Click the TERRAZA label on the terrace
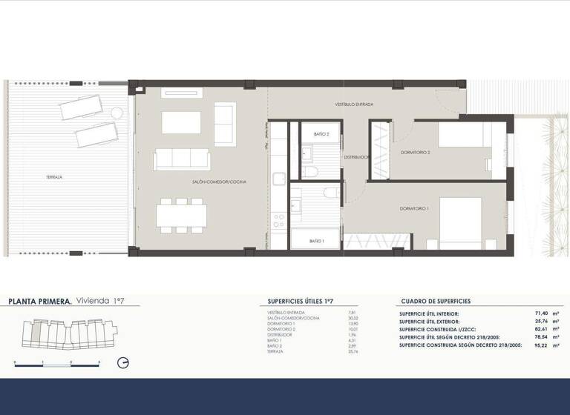53,177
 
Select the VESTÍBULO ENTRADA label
353,105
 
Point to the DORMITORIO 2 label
416,152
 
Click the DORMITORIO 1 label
414,209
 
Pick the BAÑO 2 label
321,134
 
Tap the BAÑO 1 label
316,241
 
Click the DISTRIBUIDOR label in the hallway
356,157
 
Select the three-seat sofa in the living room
182,159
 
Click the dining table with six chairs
182,215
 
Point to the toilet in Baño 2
311,172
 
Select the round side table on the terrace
117,113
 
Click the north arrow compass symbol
124,362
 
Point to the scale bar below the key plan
56,362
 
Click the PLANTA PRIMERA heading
40,302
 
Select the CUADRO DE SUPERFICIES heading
435,302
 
